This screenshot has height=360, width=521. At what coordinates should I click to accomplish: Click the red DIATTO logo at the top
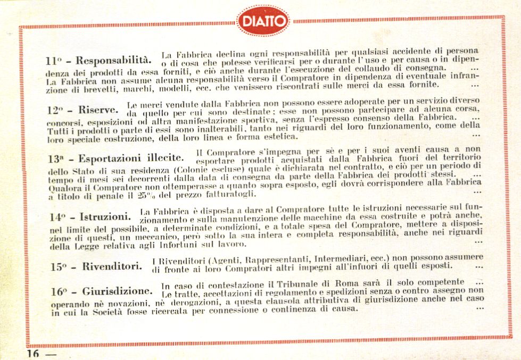click(263, 21)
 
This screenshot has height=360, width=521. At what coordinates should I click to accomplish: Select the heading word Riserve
click(98, 110)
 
